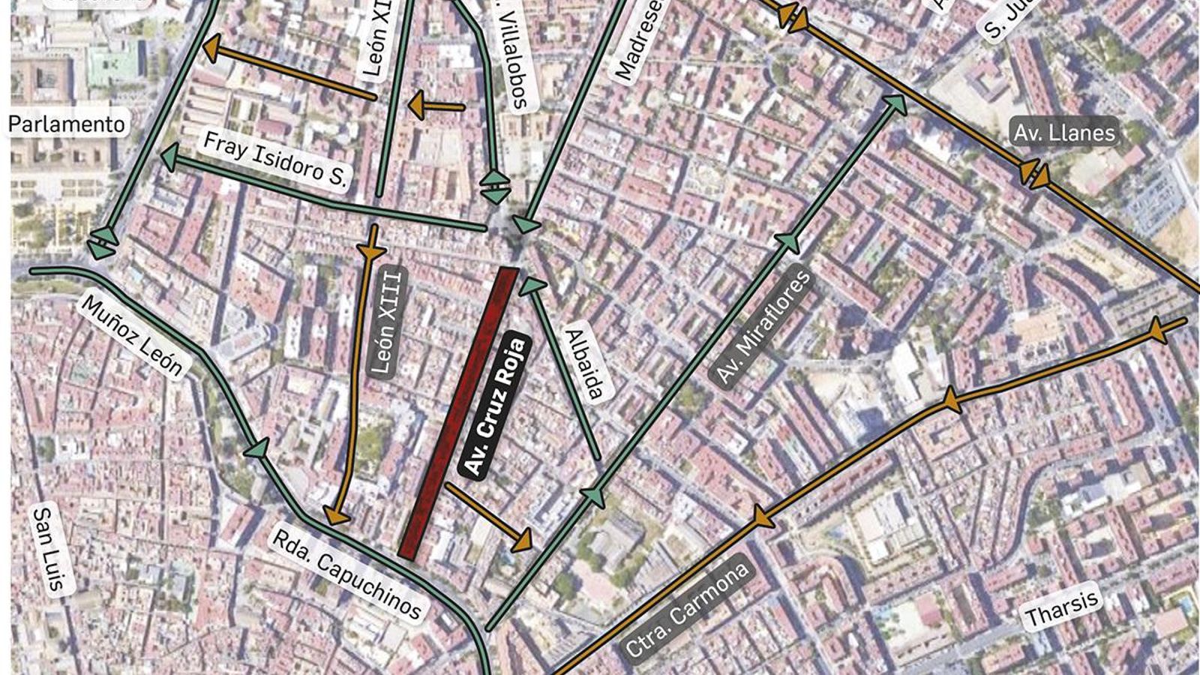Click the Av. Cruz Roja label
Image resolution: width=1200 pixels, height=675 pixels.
point(496,406)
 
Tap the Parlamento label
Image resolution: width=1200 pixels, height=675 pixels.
point(67,124)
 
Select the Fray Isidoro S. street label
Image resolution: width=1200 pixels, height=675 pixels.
point(275,160)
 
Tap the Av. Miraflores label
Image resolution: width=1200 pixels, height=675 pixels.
point(763,327)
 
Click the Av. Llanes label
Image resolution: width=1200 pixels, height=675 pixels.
point(1064,133)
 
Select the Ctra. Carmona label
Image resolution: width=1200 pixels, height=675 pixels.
point(687,610)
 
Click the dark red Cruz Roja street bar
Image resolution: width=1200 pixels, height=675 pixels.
point(459,412)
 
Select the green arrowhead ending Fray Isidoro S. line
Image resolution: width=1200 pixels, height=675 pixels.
point(170,157)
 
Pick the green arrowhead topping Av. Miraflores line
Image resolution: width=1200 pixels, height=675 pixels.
point(895,104)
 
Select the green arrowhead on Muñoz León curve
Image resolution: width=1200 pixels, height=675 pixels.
point(256,448)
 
